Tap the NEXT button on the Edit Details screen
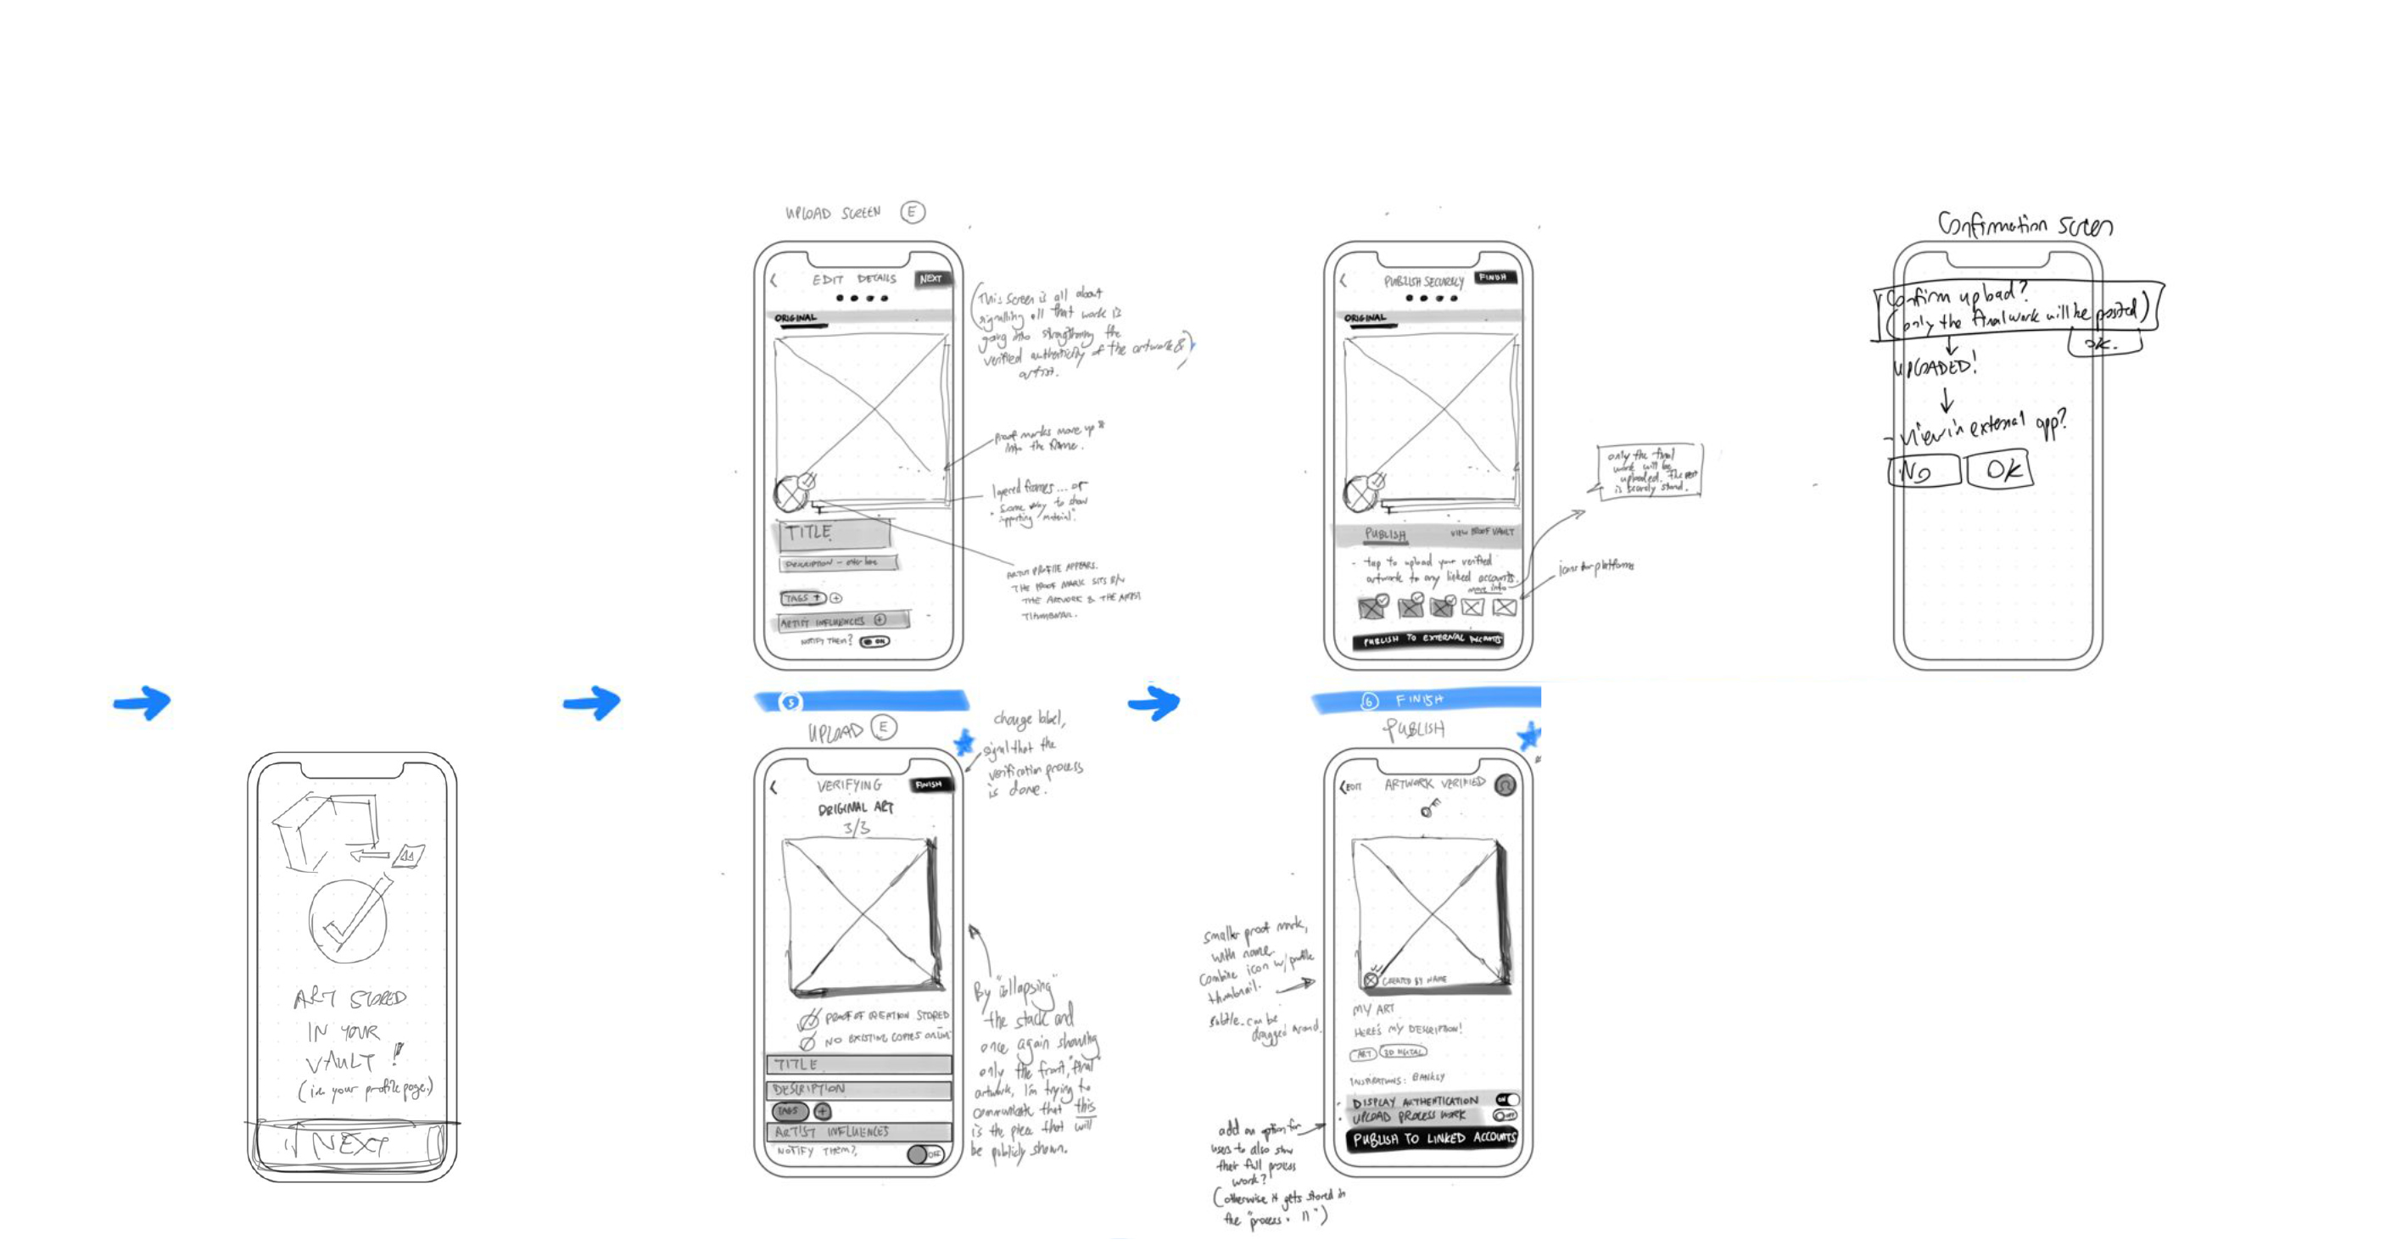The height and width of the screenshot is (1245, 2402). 930,279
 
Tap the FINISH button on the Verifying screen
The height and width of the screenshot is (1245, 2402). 929,785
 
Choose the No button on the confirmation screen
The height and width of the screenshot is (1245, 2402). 1923,472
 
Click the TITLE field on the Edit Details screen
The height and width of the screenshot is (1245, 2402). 834,533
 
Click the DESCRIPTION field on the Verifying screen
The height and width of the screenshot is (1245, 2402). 857,1089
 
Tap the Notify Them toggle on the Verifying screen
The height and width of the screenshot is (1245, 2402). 924,1154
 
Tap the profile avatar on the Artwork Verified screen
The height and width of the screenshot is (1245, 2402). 1505,785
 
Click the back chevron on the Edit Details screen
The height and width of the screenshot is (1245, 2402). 774,281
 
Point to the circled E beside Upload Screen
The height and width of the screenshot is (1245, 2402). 913,213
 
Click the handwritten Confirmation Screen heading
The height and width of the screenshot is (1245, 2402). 2025,225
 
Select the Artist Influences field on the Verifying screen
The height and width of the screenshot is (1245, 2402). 857,1132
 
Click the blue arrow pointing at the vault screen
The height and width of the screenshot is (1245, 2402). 142,702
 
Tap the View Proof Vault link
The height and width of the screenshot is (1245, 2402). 1482,533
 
